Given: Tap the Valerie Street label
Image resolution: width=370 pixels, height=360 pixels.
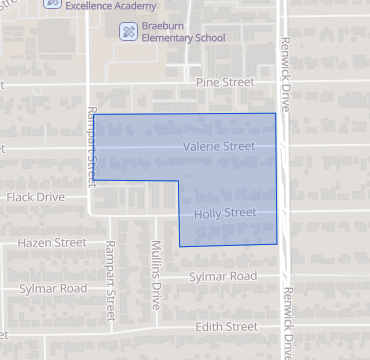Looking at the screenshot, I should (x=220, y=147).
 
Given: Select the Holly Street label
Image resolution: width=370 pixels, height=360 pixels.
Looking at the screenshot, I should (x=226, y=212).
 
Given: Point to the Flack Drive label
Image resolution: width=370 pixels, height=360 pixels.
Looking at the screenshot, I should (x=36, y=197).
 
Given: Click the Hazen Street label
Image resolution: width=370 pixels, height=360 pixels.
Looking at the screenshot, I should (x=51, y=242).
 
